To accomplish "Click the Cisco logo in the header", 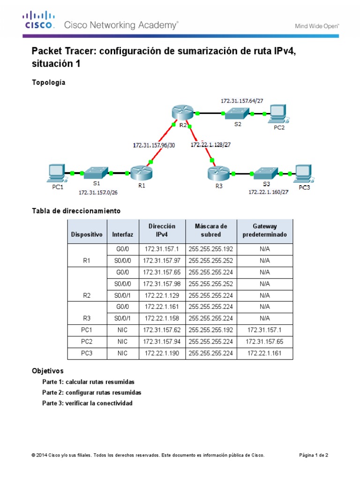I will pos(39,21).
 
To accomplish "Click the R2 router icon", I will pos(182,113).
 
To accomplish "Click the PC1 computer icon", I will pos(57,172).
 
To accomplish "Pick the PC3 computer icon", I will pos(302,173).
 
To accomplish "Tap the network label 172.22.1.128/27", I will pos(210,145).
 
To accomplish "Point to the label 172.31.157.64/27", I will pos(241,100).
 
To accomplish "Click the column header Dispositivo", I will pos(86,234).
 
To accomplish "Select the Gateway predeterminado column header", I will pos(265,231).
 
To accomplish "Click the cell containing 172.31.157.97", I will pos(162,261).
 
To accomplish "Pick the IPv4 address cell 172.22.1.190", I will pos(162,353).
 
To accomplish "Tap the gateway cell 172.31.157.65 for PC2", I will pos(265,342).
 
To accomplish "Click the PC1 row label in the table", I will pos(86,330).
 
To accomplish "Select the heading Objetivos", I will pos(47,370).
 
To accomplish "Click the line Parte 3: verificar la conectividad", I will pos(87,403).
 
